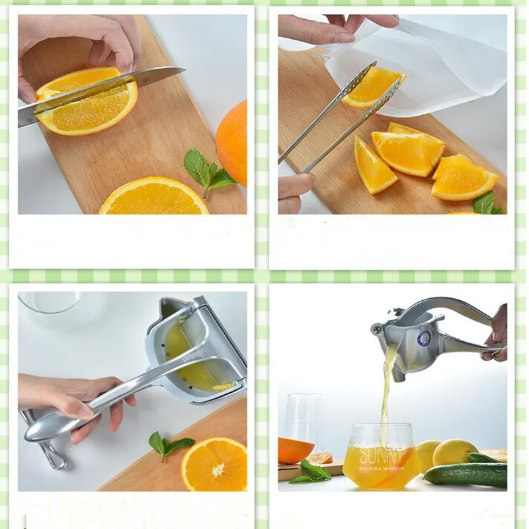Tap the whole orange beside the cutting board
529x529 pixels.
[x=233, y=142]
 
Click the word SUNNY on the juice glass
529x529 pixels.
[x=381, y=455]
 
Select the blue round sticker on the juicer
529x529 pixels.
[x=424, y=338]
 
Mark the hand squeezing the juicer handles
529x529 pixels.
[x=498, y=334]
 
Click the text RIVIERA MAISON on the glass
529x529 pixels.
[x=382, y=467]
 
